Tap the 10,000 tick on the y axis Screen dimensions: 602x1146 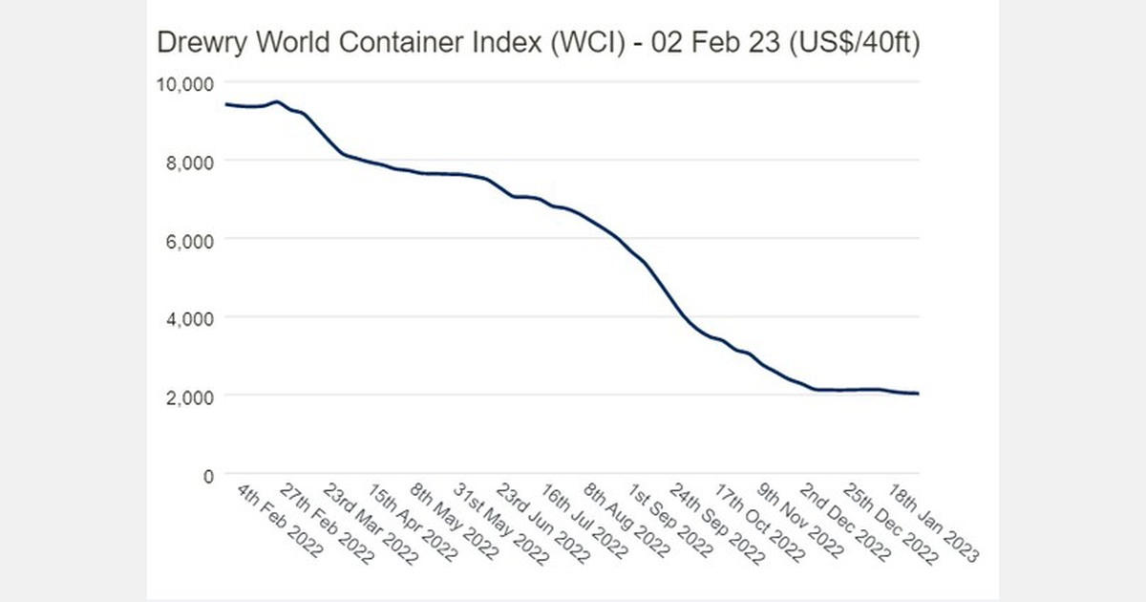182,83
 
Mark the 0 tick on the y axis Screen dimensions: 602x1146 205,475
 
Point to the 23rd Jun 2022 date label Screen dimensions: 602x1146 541,525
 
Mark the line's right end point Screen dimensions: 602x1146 918,394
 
